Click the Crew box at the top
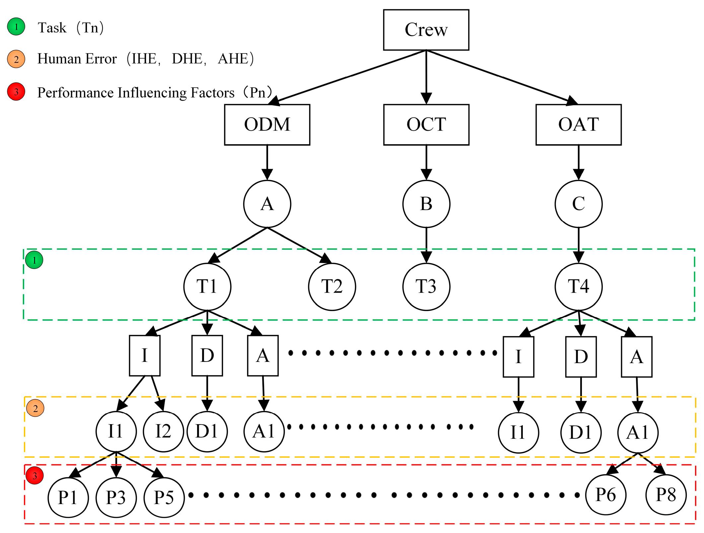[426, 30]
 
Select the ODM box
[267, 125]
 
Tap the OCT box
[426, 125]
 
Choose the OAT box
[578, 125]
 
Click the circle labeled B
[426, 204]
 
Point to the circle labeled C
[578, 204]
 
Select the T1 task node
[207, 287]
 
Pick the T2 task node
[332, 287]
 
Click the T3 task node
[426, 287]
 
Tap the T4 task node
[578, 287]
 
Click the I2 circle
[163, 432]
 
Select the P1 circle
[68, 497]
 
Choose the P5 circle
[164, 497]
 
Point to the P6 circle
[605, 495]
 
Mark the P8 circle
[666, 495]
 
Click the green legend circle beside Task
[16, 27]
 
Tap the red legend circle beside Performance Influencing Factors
[16, 92]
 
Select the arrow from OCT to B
[426, 163]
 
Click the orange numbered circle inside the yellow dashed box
[35, 408]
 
